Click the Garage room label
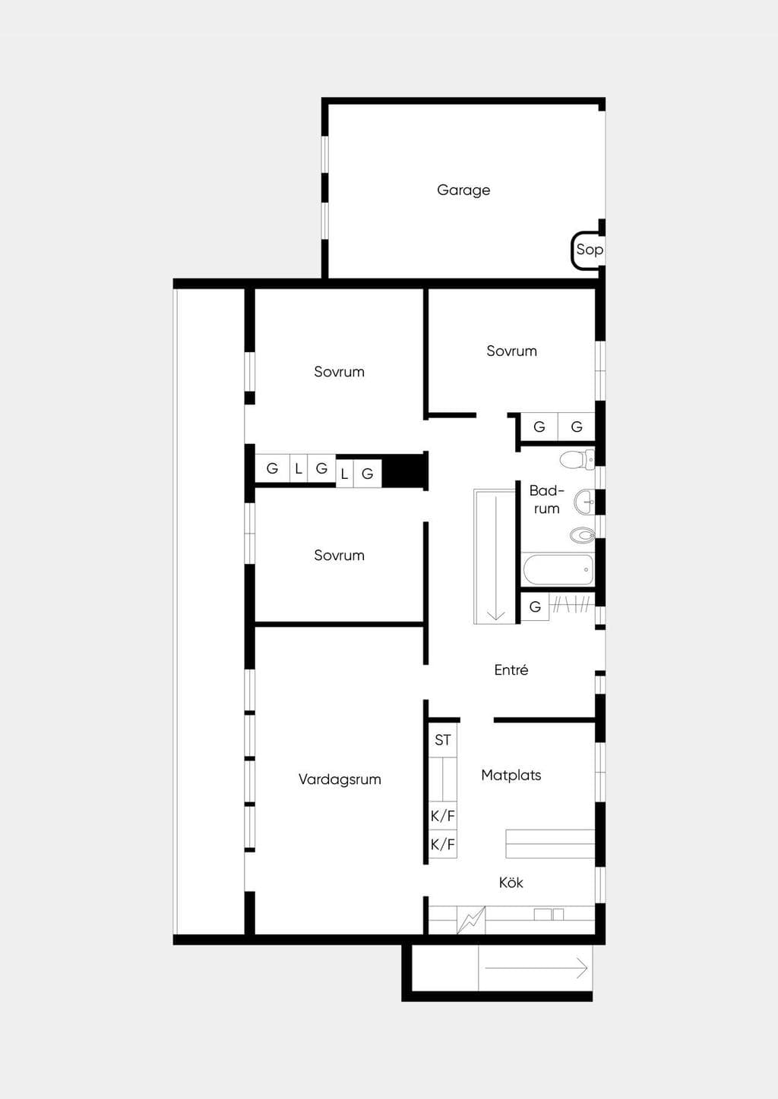point(463,190)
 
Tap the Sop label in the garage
point(589,250)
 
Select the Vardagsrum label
point(340,779)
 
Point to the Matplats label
point(511,775)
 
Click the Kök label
point(511,883)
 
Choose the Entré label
point(511,670)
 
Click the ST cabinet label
point(442,740)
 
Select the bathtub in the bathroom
point(558,569)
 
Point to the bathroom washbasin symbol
point(584,502)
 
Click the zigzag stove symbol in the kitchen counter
point(471,920)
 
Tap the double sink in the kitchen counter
point(549,915)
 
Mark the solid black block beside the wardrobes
point(403,471)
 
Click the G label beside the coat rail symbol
point(535,607)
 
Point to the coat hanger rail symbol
point(571,605)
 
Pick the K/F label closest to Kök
point(442,844)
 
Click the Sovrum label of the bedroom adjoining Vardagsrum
point(340,556)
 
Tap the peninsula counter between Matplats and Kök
point(550,844)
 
